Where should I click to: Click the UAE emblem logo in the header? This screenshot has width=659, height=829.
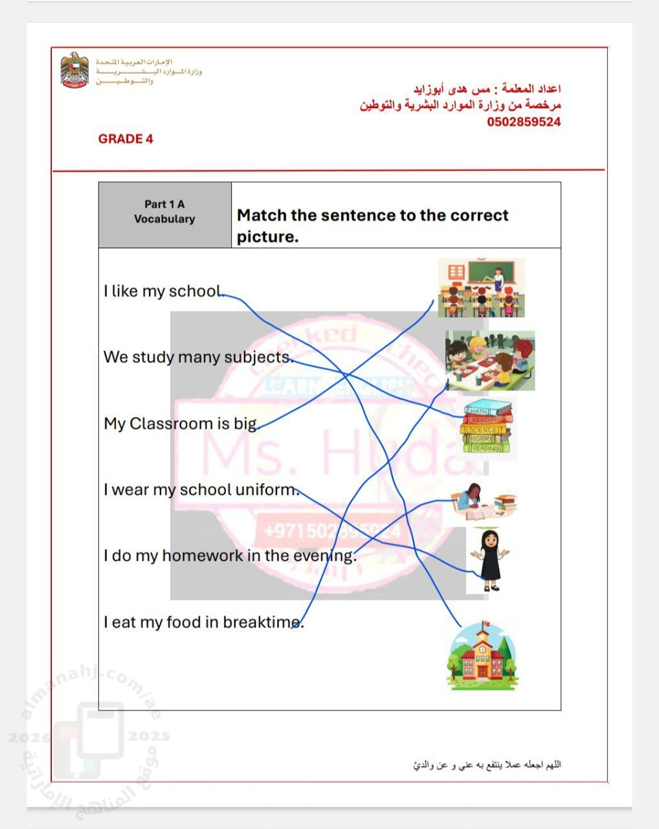pyautogui.click(x=74, y=70)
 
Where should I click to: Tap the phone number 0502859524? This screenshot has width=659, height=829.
pyautogui.click(x=524, y=122)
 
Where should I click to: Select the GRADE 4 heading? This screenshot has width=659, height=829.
pyautogui.click(x=126, y=139)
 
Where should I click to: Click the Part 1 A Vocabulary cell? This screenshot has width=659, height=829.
pyautogui.click(x=164, y=212)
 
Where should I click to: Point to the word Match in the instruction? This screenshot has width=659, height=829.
pyautogui.click(x=262, y=215)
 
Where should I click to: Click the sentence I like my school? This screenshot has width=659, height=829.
pyautogui.click(x=163, y=291)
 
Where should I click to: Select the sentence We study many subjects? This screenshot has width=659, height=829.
pyautogui.click(x=198, y=357)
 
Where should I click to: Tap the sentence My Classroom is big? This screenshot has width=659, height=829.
pyautogui.click(x=181, y=424)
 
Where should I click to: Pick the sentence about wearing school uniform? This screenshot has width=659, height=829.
pyautogui.click(x=201, y=490)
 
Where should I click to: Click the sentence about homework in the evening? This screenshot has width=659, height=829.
pyautogui.click(x=230, y=556)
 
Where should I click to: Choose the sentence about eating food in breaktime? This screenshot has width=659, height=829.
pyautogui.click(x=203, y=622)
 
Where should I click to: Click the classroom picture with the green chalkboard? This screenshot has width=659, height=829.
pyautogui.click(x=481, y=288)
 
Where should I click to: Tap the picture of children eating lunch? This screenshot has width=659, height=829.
pyautogui.click(x=490, y=361)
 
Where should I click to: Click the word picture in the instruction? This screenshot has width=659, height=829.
pyautogui.click(x=267, y=237)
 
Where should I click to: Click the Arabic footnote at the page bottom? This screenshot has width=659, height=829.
pyautogui.click(x=487, y=765)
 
